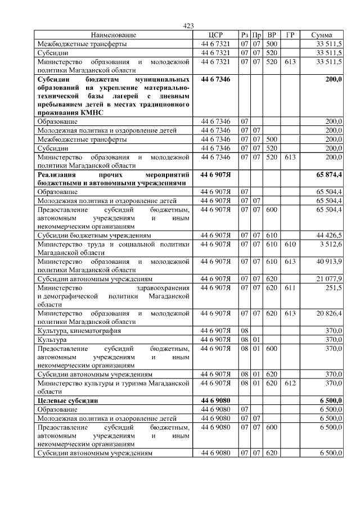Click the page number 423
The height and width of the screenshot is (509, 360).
tap(188, 26)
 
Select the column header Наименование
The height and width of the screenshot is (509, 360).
tap(113, 35)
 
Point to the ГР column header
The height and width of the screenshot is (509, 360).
tap(290, 35)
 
